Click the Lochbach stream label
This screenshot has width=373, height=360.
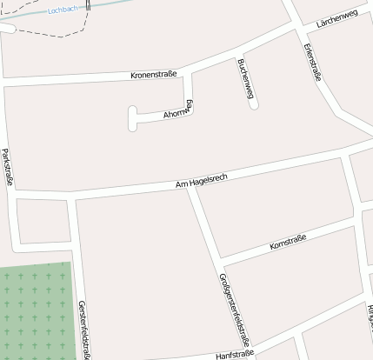tap(64, 10)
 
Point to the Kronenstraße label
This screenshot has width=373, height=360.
tap(153, 75)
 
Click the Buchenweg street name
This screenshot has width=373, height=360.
tap(245, 78)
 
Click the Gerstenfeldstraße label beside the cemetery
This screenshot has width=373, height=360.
tap(83, 329)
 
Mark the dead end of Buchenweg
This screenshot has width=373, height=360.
tap(254, 105)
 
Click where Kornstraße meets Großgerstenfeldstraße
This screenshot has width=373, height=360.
tap(221, 261)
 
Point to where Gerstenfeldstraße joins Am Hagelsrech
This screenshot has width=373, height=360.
tap(72, 199)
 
